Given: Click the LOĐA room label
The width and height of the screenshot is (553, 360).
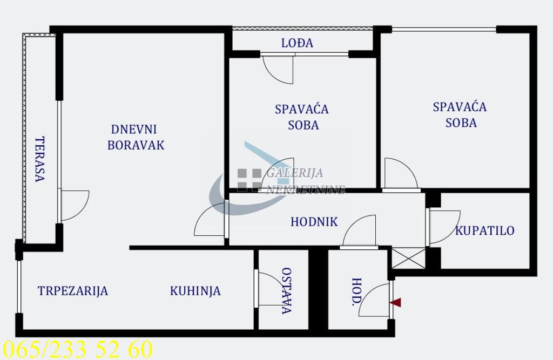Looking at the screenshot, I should click(x=297, y=43).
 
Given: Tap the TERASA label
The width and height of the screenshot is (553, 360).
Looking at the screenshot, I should click(x=39, y=159).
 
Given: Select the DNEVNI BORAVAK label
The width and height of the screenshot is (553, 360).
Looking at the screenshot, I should click(x=135, y=137).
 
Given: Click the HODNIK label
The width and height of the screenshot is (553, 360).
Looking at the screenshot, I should click(x=314, y=221).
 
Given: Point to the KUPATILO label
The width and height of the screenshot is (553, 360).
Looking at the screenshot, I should click(x=484, y=231).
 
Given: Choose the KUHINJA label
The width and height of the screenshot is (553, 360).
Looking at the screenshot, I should click(x=195, y=291).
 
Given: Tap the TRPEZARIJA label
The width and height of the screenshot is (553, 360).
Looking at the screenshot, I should click(x=73, y=291).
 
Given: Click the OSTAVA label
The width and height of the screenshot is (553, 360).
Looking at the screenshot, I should click(x=287, y=291).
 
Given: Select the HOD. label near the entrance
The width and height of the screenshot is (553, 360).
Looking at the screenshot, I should click(x=356, y=292).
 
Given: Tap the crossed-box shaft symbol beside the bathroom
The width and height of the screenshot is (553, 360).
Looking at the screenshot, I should click(x=407, y=258).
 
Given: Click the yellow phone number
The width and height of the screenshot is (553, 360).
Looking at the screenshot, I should click(x=78, y=349).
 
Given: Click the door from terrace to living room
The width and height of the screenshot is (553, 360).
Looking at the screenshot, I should click(x=73, y=205).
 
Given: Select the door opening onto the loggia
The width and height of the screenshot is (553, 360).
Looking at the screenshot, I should click(x=278, y=67).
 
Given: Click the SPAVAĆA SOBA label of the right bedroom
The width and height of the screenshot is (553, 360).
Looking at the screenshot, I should click(x=460, y=114).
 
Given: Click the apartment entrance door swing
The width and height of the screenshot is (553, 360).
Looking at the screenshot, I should click(x=375, y=300).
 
